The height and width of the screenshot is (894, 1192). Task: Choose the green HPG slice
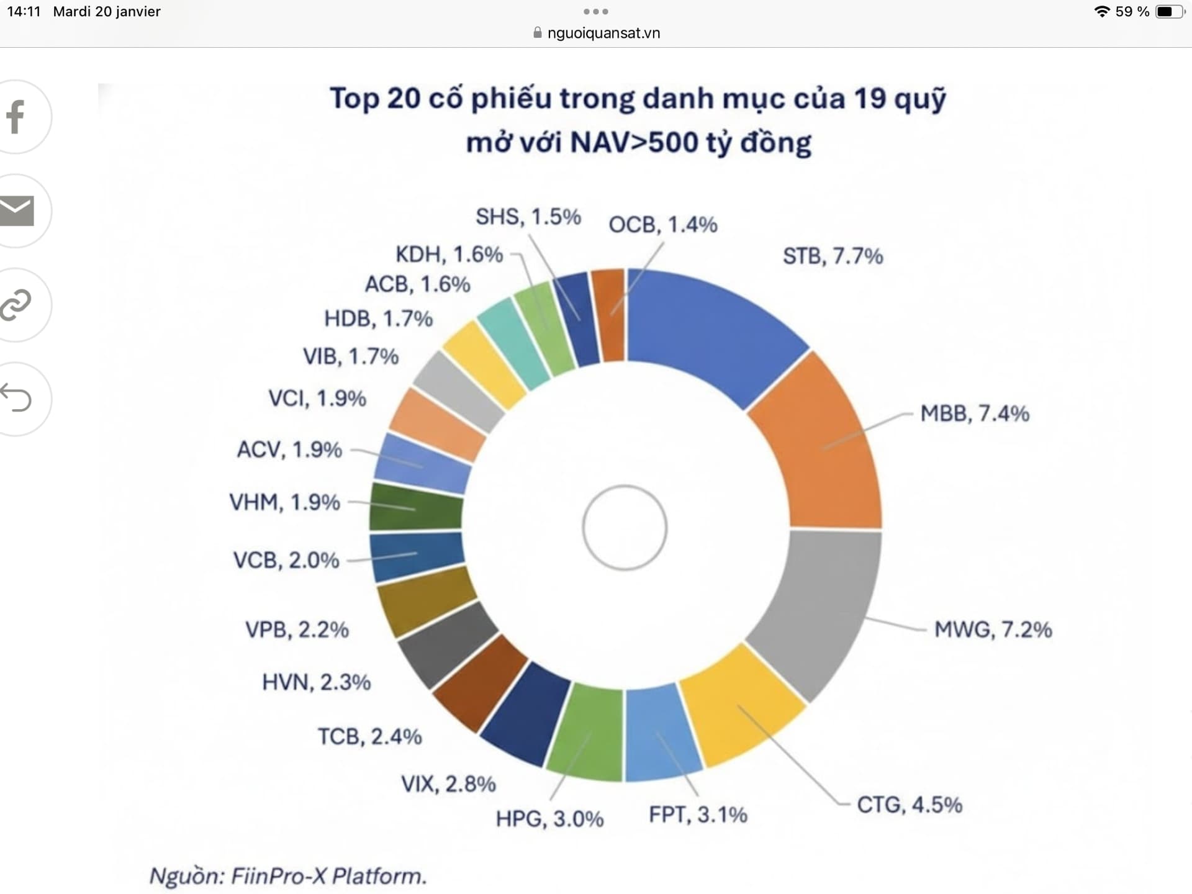pos(587,733)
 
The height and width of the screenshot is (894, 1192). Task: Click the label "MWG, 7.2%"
pos(993,630)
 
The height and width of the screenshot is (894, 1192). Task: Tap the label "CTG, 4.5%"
pos(910,805)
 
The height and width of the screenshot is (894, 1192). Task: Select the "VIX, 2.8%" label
pos(448,783)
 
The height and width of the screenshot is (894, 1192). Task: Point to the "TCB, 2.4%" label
pos(370,736)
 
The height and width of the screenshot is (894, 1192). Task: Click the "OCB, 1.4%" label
pos(662,224)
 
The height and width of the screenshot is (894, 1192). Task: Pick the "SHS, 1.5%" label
pos(528,217)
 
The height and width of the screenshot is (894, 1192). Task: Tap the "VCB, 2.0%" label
pos(286,560)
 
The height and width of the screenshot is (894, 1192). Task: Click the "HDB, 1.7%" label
pos(378,318)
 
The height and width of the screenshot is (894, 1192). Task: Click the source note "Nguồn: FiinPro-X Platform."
pos(288,876)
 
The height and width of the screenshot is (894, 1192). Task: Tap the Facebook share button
pos(16,117)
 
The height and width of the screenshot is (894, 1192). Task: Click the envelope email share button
pos(16,211)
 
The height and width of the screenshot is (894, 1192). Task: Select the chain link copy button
pos(16,305)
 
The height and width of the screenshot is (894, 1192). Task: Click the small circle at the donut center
pos(625,528)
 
